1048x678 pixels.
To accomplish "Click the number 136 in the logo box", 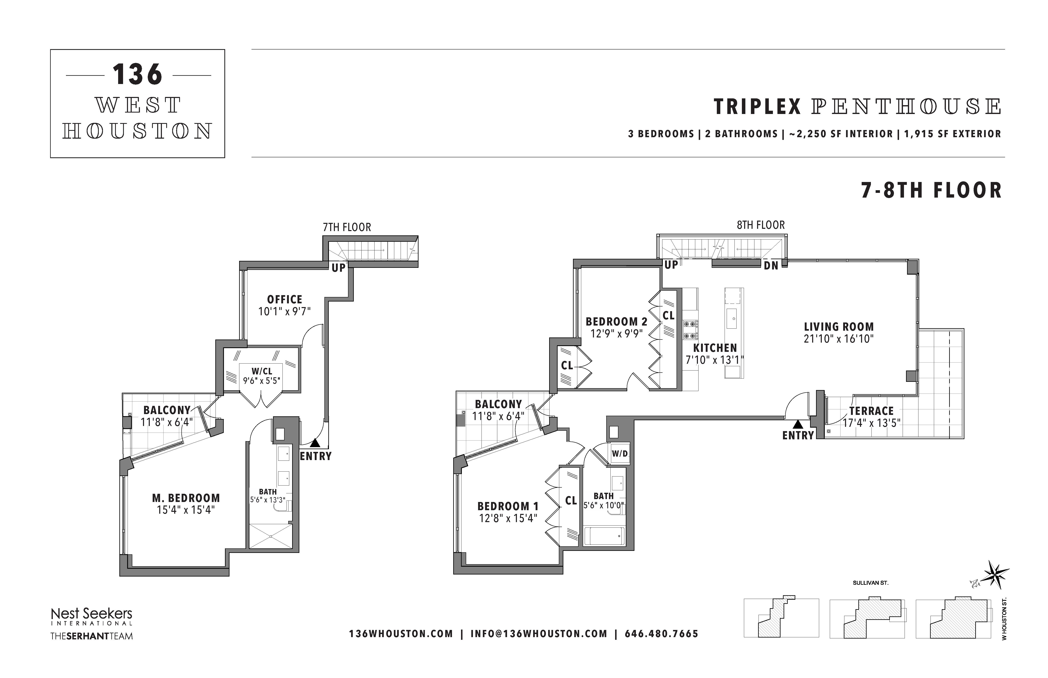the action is pos(137,74).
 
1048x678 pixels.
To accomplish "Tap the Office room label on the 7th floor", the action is pos(285,299).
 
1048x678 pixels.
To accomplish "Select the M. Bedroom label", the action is pos(186,498).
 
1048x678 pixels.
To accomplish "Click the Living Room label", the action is pos(839,327).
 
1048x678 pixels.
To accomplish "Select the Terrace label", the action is pos(872,411).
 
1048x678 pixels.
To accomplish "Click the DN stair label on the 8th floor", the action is pos(771,266).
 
